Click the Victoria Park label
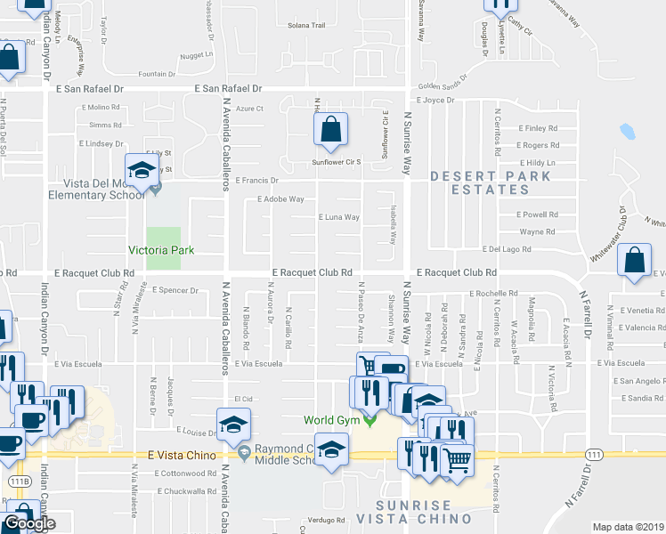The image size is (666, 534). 161,250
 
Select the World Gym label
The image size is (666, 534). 331,418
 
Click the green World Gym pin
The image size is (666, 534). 370,418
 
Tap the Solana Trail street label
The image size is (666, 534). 306,26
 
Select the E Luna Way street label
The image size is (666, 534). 338,217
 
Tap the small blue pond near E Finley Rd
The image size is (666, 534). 627,132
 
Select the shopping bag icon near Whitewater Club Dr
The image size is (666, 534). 637,263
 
